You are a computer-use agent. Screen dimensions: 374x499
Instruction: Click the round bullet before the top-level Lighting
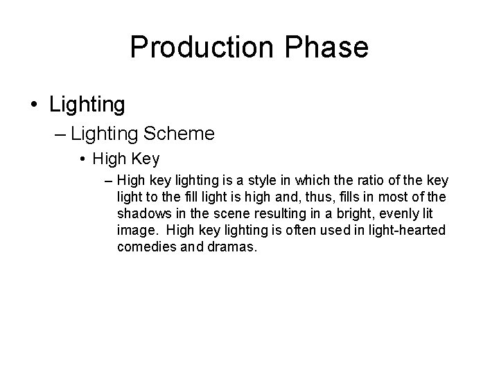34,105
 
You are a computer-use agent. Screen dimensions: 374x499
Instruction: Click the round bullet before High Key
82,159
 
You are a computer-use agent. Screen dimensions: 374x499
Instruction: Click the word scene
225,214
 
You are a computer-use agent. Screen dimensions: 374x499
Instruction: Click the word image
137,231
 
